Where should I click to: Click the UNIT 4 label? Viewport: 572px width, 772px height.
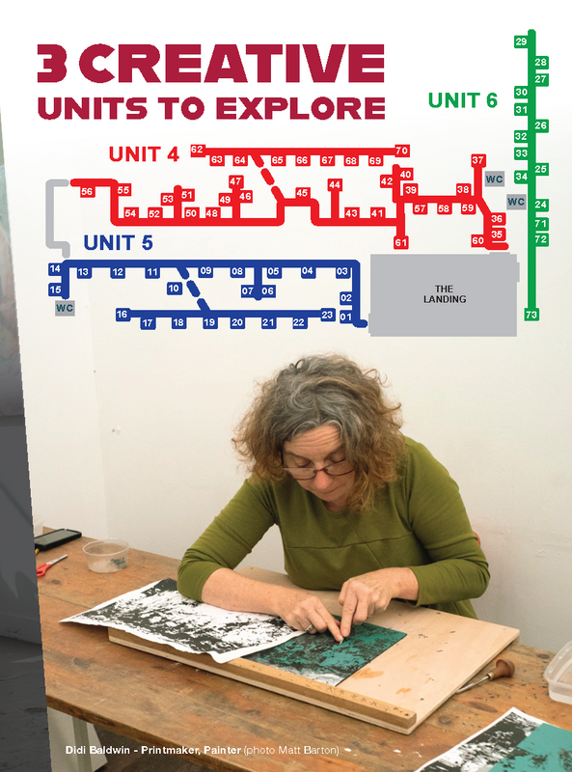[x=144, y=153]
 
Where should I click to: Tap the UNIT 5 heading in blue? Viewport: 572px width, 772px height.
[x=118, y=243]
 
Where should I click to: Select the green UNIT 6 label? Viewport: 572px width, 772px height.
[x=462, y=99]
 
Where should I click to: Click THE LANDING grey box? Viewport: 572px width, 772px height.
[x=444, y=294]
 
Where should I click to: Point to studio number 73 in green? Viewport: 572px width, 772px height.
[x=531, y=315]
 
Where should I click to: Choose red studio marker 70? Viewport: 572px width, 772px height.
[x=402, y=151]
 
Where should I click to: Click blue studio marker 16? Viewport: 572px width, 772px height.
[x=123, y=315]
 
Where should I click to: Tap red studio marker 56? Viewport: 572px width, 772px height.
[x=87, y=192]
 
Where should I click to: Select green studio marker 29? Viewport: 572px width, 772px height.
[x=521, y=41]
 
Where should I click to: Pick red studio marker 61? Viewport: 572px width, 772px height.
[x=400, y=242]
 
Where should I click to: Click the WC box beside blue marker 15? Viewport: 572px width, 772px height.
[x=66, y=308]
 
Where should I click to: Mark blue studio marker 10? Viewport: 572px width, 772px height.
[x=174, y=288]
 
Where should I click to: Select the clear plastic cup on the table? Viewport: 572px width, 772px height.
[x=105, y=554]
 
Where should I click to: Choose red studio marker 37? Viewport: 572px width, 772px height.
[x=477, y=159]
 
